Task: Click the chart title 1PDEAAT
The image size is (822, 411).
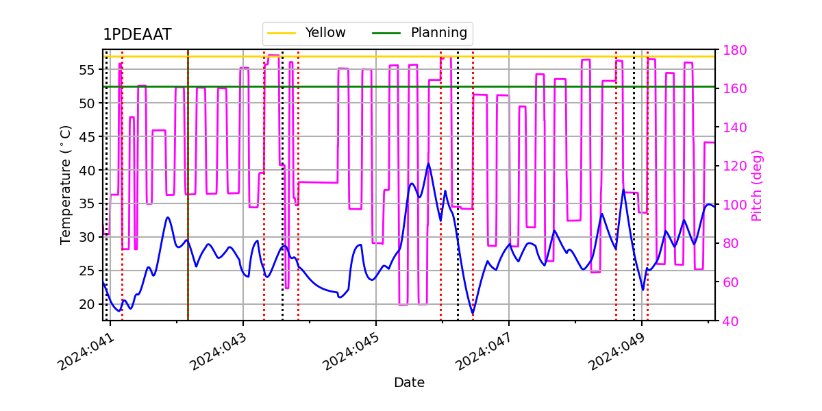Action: pos(137,35)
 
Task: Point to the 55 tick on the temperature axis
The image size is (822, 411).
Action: pos(88,70)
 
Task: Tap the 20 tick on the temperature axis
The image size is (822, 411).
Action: pos(88,304)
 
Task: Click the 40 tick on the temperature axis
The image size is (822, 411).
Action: pos(88,170)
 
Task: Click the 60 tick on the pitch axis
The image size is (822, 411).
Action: pos(731,282)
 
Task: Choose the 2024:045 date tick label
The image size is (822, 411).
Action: pos(351,350)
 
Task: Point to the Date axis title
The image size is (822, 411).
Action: pos(409,383)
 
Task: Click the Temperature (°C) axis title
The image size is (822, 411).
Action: pos(66,185)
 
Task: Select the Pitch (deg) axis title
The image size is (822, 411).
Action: pos(757,185)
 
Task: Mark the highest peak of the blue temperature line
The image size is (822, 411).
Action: pos(429,164)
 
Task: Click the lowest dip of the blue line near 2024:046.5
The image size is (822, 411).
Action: pos(473,314)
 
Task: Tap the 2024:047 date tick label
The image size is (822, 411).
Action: pos(484,350)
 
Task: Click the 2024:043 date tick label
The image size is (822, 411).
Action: pos(219,350)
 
